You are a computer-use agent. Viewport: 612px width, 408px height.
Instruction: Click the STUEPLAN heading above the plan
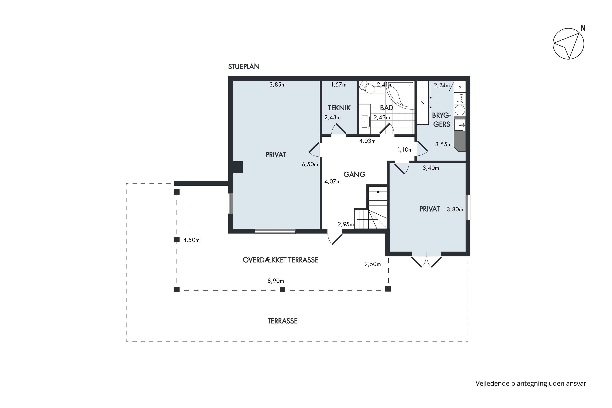coord(244,67)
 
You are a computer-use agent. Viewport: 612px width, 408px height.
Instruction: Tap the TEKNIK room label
coord(339,108)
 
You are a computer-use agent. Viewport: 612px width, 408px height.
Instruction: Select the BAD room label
coord(386,108)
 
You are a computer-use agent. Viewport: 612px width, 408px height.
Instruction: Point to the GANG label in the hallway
coord(354,174)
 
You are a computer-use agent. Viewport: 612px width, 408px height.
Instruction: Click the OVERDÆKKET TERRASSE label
coord(280,260)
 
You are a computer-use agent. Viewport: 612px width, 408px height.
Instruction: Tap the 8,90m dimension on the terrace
coord(276,281)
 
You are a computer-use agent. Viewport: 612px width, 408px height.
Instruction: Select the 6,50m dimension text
coord(310,164)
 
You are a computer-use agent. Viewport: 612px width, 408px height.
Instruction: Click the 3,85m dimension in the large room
coord(277,85)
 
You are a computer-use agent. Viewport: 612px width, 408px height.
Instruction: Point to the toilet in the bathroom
coord(367,87)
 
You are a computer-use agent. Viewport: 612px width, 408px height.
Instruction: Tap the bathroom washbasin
coord(365,122)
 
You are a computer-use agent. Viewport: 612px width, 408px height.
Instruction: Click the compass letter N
coord(583,28)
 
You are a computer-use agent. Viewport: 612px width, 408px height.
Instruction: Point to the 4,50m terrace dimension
coord(191,240)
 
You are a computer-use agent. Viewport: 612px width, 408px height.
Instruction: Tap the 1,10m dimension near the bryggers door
coord(405,150)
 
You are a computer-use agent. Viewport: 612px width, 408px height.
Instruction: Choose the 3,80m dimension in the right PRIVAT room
coord(455,210)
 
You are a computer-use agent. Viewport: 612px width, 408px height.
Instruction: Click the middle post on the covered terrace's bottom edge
coord(283,289)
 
